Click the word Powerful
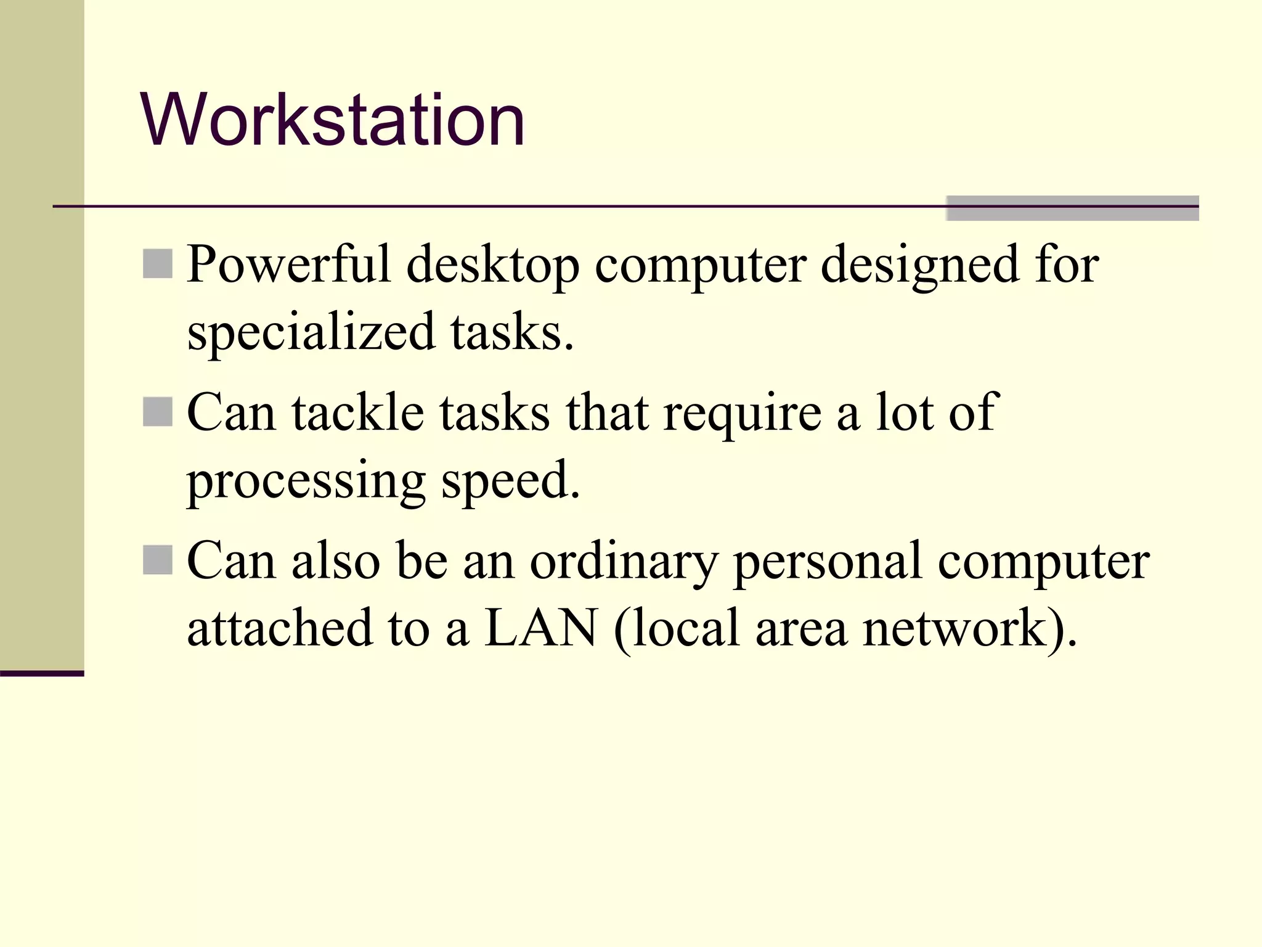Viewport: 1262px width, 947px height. point(289,264)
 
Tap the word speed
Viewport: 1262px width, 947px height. point(511,482)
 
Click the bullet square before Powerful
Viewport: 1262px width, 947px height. point(158,264)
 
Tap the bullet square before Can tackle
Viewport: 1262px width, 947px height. point(158,412)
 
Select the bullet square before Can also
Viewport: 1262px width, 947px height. point(158,560)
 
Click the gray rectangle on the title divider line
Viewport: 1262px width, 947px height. point(1072,208)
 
